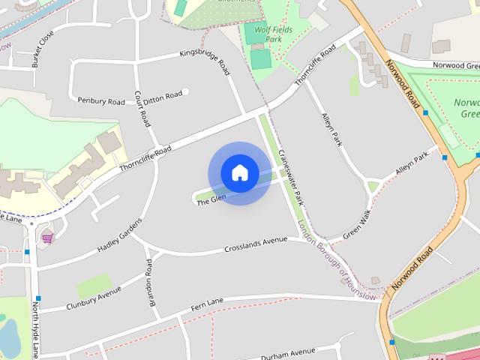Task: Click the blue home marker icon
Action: pos(239,173)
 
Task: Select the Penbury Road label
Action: pos(100,100)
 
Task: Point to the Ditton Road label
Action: pos(163,95)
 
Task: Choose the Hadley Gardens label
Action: pos(119,235)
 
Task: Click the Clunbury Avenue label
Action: pos(93,295)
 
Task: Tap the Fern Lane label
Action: pos(208,301)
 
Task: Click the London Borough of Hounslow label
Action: pos(336,260)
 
